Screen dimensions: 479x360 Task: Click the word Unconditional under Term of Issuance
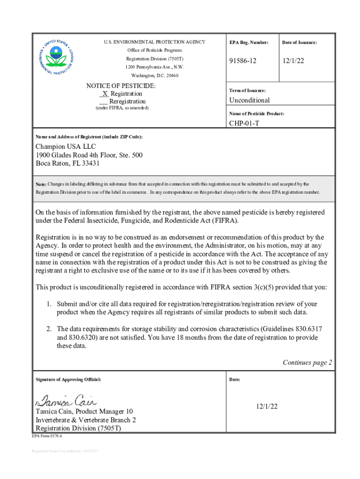click(249, 100)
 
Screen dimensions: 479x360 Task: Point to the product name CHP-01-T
click(244, 123)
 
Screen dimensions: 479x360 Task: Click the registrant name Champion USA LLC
click(65, 147)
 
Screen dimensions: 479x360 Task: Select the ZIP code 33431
click(90, 164)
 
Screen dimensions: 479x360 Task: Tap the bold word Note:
click(41, 184)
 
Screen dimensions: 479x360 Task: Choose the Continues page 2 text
click(307, 363)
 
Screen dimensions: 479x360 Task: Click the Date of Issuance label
click(299, 43)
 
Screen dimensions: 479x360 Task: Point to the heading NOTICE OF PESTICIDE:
click(121, 86)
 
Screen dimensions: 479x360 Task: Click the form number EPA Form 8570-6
click(47, 436)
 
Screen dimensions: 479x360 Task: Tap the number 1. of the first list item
click(49, 304)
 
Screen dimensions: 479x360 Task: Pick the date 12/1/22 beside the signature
click(266, 406)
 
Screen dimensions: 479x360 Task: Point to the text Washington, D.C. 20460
click(154, 75)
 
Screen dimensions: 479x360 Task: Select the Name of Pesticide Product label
click(257, 114)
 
